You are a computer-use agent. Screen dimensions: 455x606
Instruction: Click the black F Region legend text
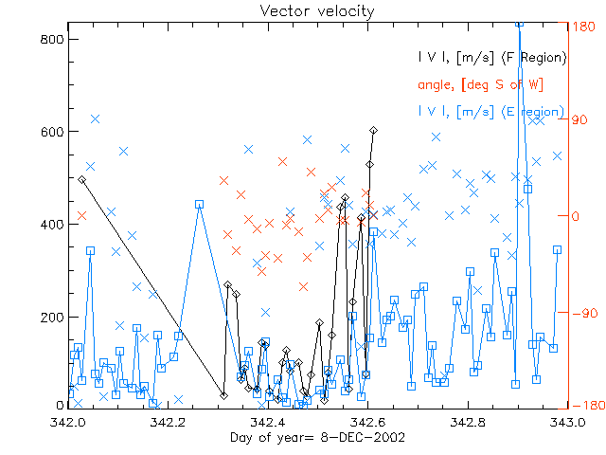point(492,58)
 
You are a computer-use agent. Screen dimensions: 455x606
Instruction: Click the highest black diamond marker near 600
point(374,130)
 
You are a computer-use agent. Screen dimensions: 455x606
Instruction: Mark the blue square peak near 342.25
point(199,204)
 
